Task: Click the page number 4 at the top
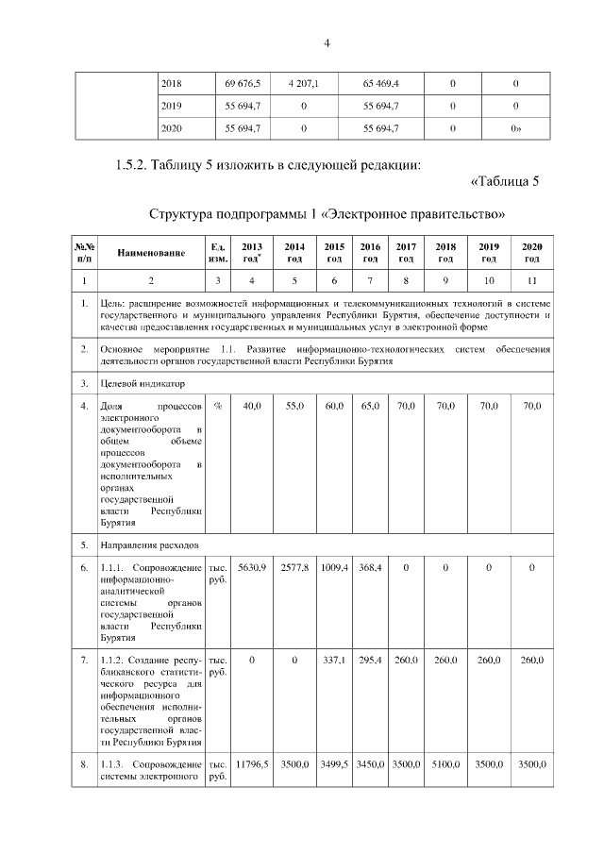(327, 42)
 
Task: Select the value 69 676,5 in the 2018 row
(243, 84)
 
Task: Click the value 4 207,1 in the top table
(303, 84)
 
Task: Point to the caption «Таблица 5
(503, 182)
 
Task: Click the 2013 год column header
(251, 253)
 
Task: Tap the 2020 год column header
(531, 253)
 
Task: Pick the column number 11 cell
(531, 280)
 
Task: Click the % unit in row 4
(217, 406)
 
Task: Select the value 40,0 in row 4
(251, 406)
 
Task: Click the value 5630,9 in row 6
(251, 567)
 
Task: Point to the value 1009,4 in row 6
(334, 567)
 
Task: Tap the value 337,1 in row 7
(334, 660)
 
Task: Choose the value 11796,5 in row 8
(251, 763)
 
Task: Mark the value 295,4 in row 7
(370, 660)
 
